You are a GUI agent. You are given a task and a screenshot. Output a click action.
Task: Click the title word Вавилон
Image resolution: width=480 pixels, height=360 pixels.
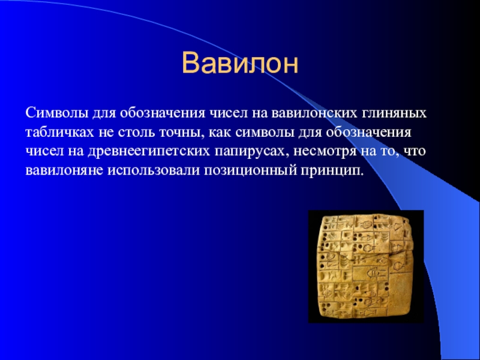240,62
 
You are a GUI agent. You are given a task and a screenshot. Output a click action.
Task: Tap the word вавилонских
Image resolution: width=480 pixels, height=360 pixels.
305,113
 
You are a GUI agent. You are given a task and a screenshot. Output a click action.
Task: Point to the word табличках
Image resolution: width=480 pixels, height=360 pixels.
55,131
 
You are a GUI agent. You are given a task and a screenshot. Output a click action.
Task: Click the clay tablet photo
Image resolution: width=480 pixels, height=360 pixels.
366,266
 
